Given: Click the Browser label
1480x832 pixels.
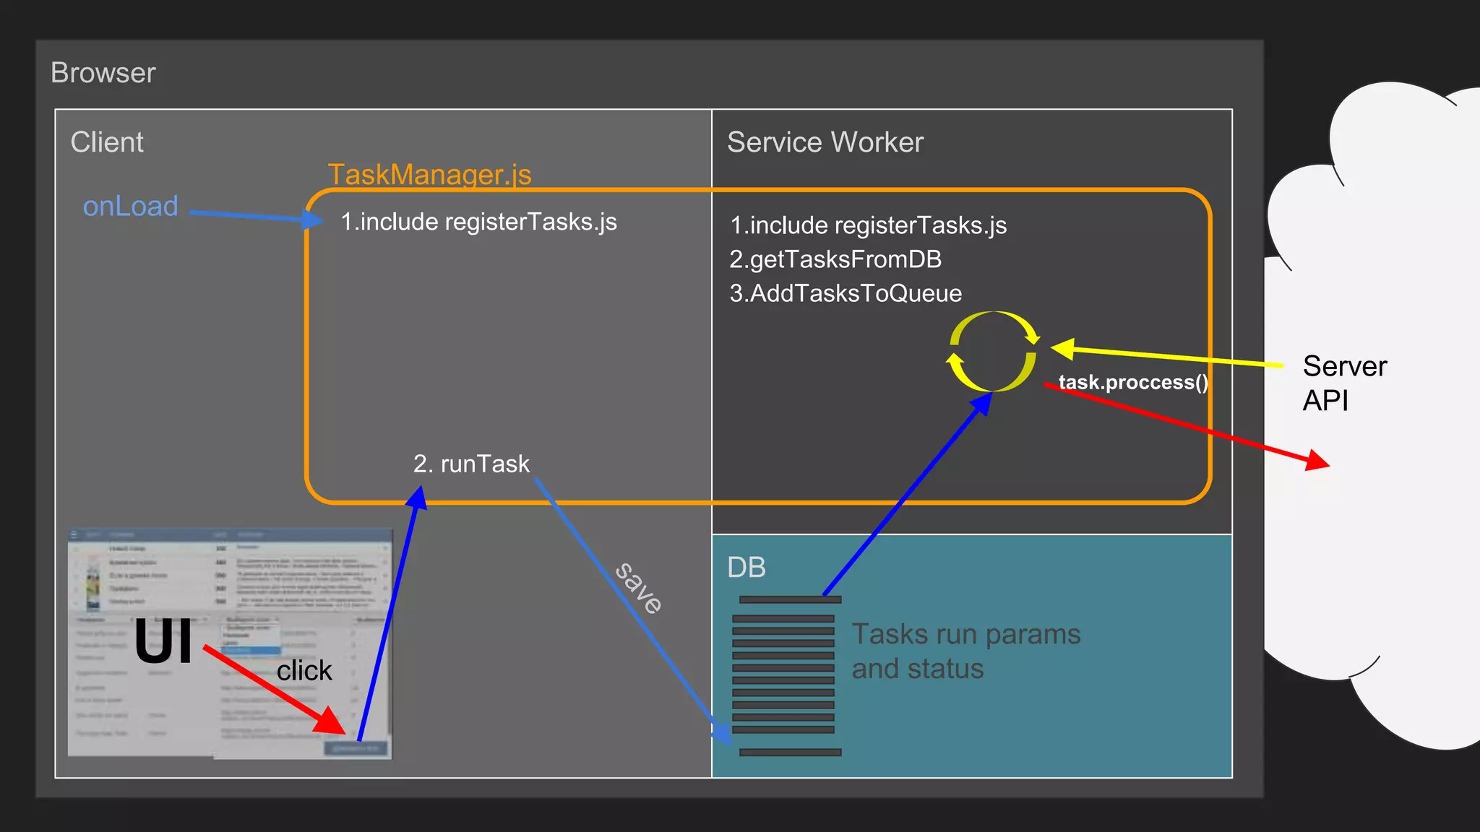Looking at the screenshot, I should tap(103, 73).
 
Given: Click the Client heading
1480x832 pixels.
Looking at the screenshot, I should tap(107, 142).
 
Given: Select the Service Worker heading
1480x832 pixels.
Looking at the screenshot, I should tap(825, 142).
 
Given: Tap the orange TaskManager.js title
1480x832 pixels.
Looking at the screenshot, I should tap(429, 174).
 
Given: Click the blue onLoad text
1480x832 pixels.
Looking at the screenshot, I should tap(130, 207).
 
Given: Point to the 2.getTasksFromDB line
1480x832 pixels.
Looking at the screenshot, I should tap(835, 259).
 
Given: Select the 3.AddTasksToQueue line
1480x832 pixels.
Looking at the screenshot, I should tap(846, 293).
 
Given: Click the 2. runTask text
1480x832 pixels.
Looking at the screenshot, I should tap(471, 464).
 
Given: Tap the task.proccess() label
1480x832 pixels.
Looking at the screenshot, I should tap(1132, 382).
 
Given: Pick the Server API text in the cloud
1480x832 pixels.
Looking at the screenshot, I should tap(1344, 383).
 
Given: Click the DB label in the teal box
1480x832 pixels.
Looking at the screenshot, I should tap(747, 568).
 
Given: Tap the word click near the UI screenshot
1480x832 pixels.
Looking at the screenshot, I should tap(304, 671).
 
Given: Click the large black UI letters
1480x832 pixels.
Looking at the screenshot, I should tap(163, 641).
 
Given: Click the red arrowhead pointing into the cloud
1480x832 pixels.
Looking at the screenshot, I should tap(1315, 460).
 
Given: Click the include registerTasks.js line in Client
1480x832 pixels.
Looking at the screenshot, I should tap(478, 222).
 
